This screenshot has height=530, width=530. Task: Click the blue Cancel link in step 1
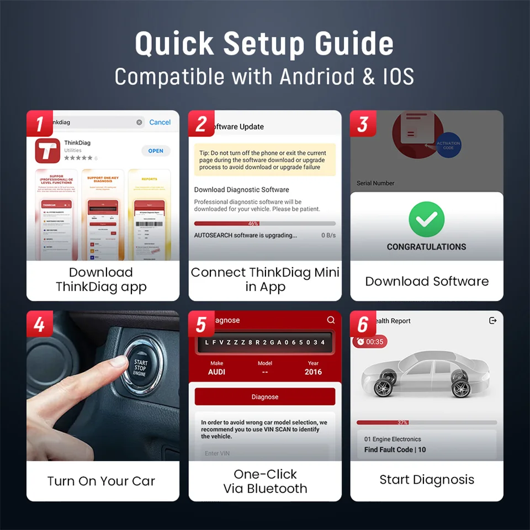point(160,122)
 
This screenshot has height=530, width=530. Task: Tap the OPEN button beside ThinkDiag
point(156,151)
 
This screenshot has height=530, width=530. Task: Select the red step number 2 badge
point(200,124)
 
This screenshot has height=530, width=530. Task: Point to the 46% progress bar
point(264,224)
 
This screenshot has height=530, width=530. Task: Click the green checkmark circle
point(426,219)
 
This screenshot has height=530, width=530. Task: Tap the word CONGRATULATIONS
point(426,247)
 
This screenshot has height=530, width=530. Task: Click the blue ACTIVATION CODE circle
point(448,145)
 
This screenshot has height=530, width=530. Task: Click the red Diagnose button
point(264,396)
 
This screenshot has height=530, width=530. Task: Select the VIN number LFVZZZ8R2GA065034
point(264,342)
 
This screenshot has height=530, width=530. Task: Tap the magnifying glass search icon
point(331,320)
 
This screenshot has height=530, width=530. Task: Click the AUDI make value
point(216,372)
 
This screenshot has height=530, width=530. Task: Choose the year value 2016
point(313,372)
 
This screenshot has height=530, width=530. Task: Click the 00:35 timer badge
point(370,342)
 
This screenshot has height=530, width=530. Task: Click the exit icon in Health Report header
point(493,321)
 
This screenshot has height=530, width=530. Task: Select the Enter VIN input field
point(264,453)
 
